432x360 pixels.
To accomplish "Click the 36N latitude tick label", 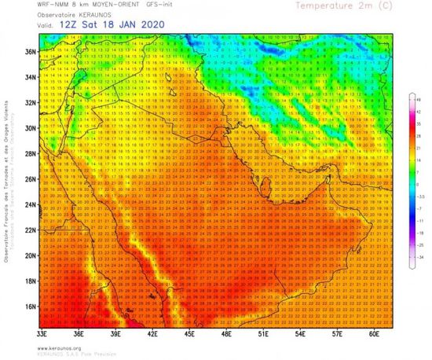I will [x=30, y=52].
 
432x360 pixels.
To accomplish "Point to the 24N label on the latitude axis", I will [x=30, y=204].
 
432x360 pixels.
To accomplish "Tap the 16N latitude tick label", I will [x=30, y=306].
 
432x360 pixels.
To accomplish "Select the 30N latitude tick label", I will [x=30, y=128].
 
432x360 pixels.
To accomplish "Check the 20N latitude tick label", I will [x=30, y=255].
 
